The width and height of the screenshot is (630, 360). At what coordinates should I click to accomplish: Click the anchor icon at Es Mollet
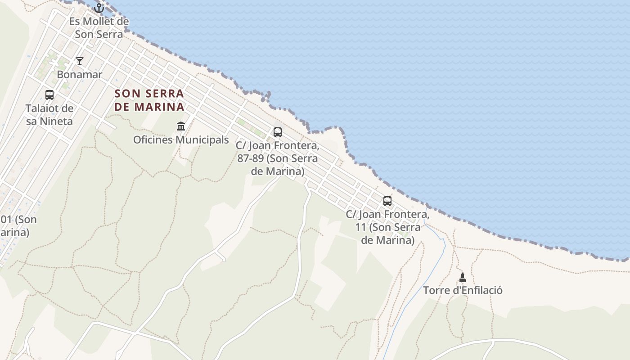click(99, 8)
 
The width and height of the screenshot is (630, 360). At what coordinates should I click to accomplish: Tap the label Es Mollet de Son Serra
click(99, 27)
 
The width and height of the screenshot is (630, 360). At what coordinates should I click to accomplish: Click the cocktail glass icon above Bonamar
click(80, 61)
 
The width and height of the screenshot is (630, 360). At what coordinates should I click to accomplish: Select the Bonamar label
click(80, 74)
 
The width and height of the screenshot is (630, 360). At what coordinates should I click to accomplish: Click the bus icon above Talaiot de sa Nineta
click(49, 95)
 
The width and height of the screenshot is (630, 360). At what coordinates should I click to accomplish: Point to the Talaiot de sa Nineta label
click(49, 114)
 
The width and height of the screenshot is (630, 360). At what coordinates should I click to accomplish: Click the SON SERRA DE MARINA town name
click(149, 100)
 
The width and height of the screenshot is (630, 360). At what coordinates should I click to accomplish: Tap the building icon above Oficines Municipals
click(181, 126)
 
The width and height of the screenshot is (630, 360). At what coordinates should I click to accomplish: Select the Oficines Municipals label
click(181, 139)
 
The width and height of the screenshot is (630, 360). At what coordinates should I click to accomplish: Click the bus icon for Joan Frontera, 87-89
click(278, 132)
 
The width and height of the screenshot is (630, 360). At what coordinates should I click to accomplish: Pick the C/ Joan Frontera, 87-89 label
click(278, 158)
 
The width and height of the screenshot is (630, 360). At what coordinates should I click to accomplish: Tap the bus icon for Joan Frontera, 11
click(387, 201)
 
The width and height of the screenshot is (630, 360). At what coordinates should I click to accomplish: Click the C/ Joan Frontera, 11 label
click(387, 227)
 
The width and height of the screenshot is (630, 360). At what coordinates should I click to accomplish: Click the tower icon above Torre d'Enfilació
click(463, 277)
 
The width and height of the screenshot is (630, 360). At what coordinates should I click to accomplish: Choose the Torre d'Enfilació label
click(463, 290)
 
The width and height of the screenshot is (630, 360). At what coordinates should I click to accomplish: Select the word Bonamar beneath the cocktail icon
click(80, 74)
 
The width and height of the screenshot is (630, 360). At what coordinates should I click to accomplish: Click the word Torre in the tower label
click(436, 290)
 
